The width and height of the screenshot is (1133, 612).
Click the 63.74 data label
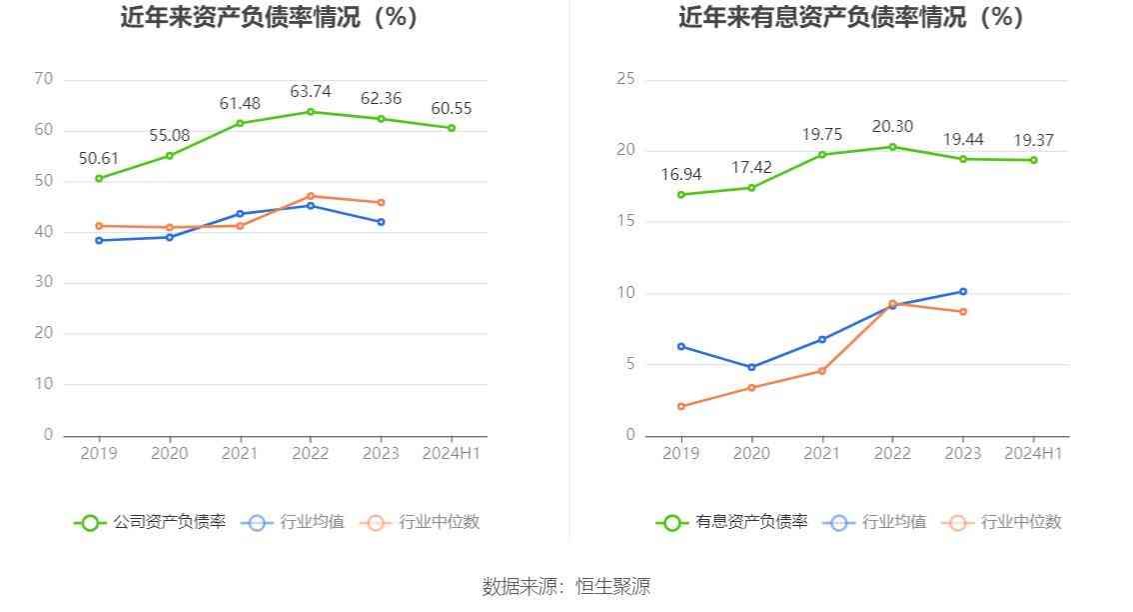click(311, 92)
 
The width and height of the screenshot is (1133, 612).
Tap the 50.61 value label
click(99, 159)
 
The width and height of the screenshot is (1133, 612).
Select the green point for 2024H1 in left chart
click(452, 128)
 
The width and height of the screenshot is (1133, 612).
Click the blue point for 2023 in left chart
click(381, 222)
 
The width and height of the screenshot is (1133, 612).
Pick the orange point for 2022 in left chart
click(311, 196)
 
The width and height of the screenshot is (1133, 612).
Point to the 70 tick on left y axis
click(43, 79)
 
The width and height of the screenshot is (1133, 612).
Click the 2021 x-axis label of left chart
click(240, 454)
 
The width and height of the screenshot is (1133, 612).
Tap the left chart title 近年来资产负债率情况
click(269, 17)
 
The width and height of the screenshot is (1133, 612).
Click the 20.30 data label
click(892, 127)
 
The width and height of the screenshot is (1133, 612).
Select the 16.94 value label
click(681, 175)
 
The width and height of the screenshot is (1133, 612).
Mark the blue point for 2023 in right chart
click(963, 292)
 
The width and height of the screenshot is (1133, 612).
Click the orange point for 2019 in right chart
click(681, 406)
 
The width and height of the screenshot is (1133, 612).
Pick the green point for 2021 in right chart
click(822, 154)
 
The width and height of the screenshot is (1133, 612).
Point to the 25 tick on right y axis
click(626, 79)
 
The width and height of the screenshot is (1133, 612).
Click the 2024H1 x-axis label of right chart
click(1033, 454)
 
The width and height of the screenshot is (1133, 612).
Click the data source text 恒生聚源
click(612, 587)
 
